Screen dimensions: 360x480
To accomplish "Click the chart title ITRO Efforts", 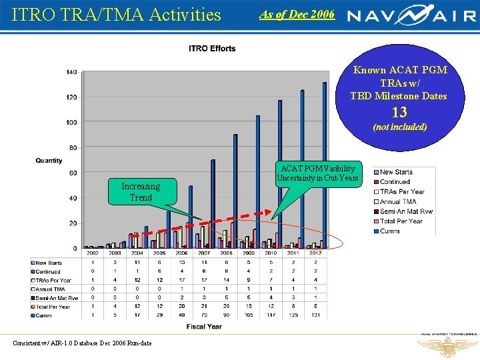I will pyautogui.click(x=212, y=49).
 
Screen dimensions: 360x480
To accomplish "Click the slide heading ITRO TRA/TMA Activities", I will pyautogui.click(x=117, y=14).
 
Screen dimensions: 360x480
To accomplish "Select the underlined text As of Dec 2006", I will pyautogui.click(x=297, y=14).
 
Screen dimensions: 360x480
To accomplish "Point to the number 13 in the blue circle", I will pyautogui.click(x=399, y=112).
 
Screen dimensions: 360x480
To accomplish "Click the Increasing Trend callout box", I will pyautogui.click(x=141, y=192).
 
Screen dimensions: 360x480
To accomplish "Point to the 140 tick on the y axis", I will pyautogui.click(x=71, y=72).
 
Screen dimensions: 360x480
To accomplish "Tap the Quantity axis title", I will pyautogui.click(x=49, y=161).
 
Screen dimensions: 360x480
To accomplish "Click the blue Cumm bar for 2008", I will pyautogui.click(x=235, y=191).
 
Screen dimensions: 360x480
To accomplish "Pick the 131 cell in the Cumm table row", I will pyautogui.click(x=315, y=315).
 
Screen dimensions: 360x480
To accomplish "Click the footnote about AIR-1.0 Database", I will pyautogui.click(x=82, y=343).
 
